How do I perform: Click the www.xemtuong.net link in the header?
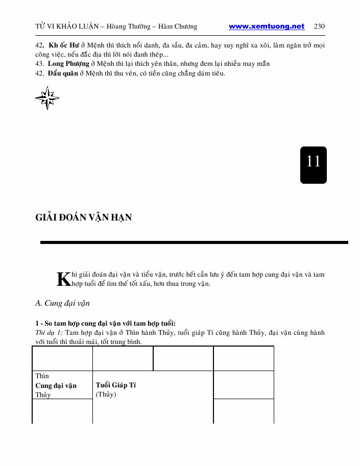[x=266, y=27]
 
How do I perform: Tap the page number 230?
[x=320, y=27]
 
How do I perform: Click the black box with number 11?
[x=313, y=165]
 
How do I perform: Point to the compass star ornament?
[x=47, y=98]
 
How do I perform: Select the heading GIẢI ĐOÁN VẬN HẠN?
[x=84, y=217]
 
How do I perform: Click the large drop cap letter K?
[x=63, y=279]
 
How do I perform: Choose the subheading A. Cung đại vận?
[x=62, y=303]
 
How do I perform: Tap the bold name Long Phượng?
[x=68, y=64]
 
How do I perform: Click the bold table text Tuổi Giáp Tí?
[x=116, y=385]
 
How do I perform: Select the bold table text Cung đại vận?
[x=56, y=385]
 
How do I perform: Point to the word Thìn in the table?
[x=42, y=376]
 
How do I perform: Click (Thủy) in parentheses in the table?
[x=106, y=395]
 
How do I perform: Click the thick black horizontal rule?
[x=194, y=242]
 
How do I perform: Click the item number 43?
[x=39, y=64]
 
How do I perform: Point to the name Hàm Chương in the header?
[x=179, y=27]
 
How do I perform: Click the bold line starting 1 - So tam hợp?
[x=106, y=323]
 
